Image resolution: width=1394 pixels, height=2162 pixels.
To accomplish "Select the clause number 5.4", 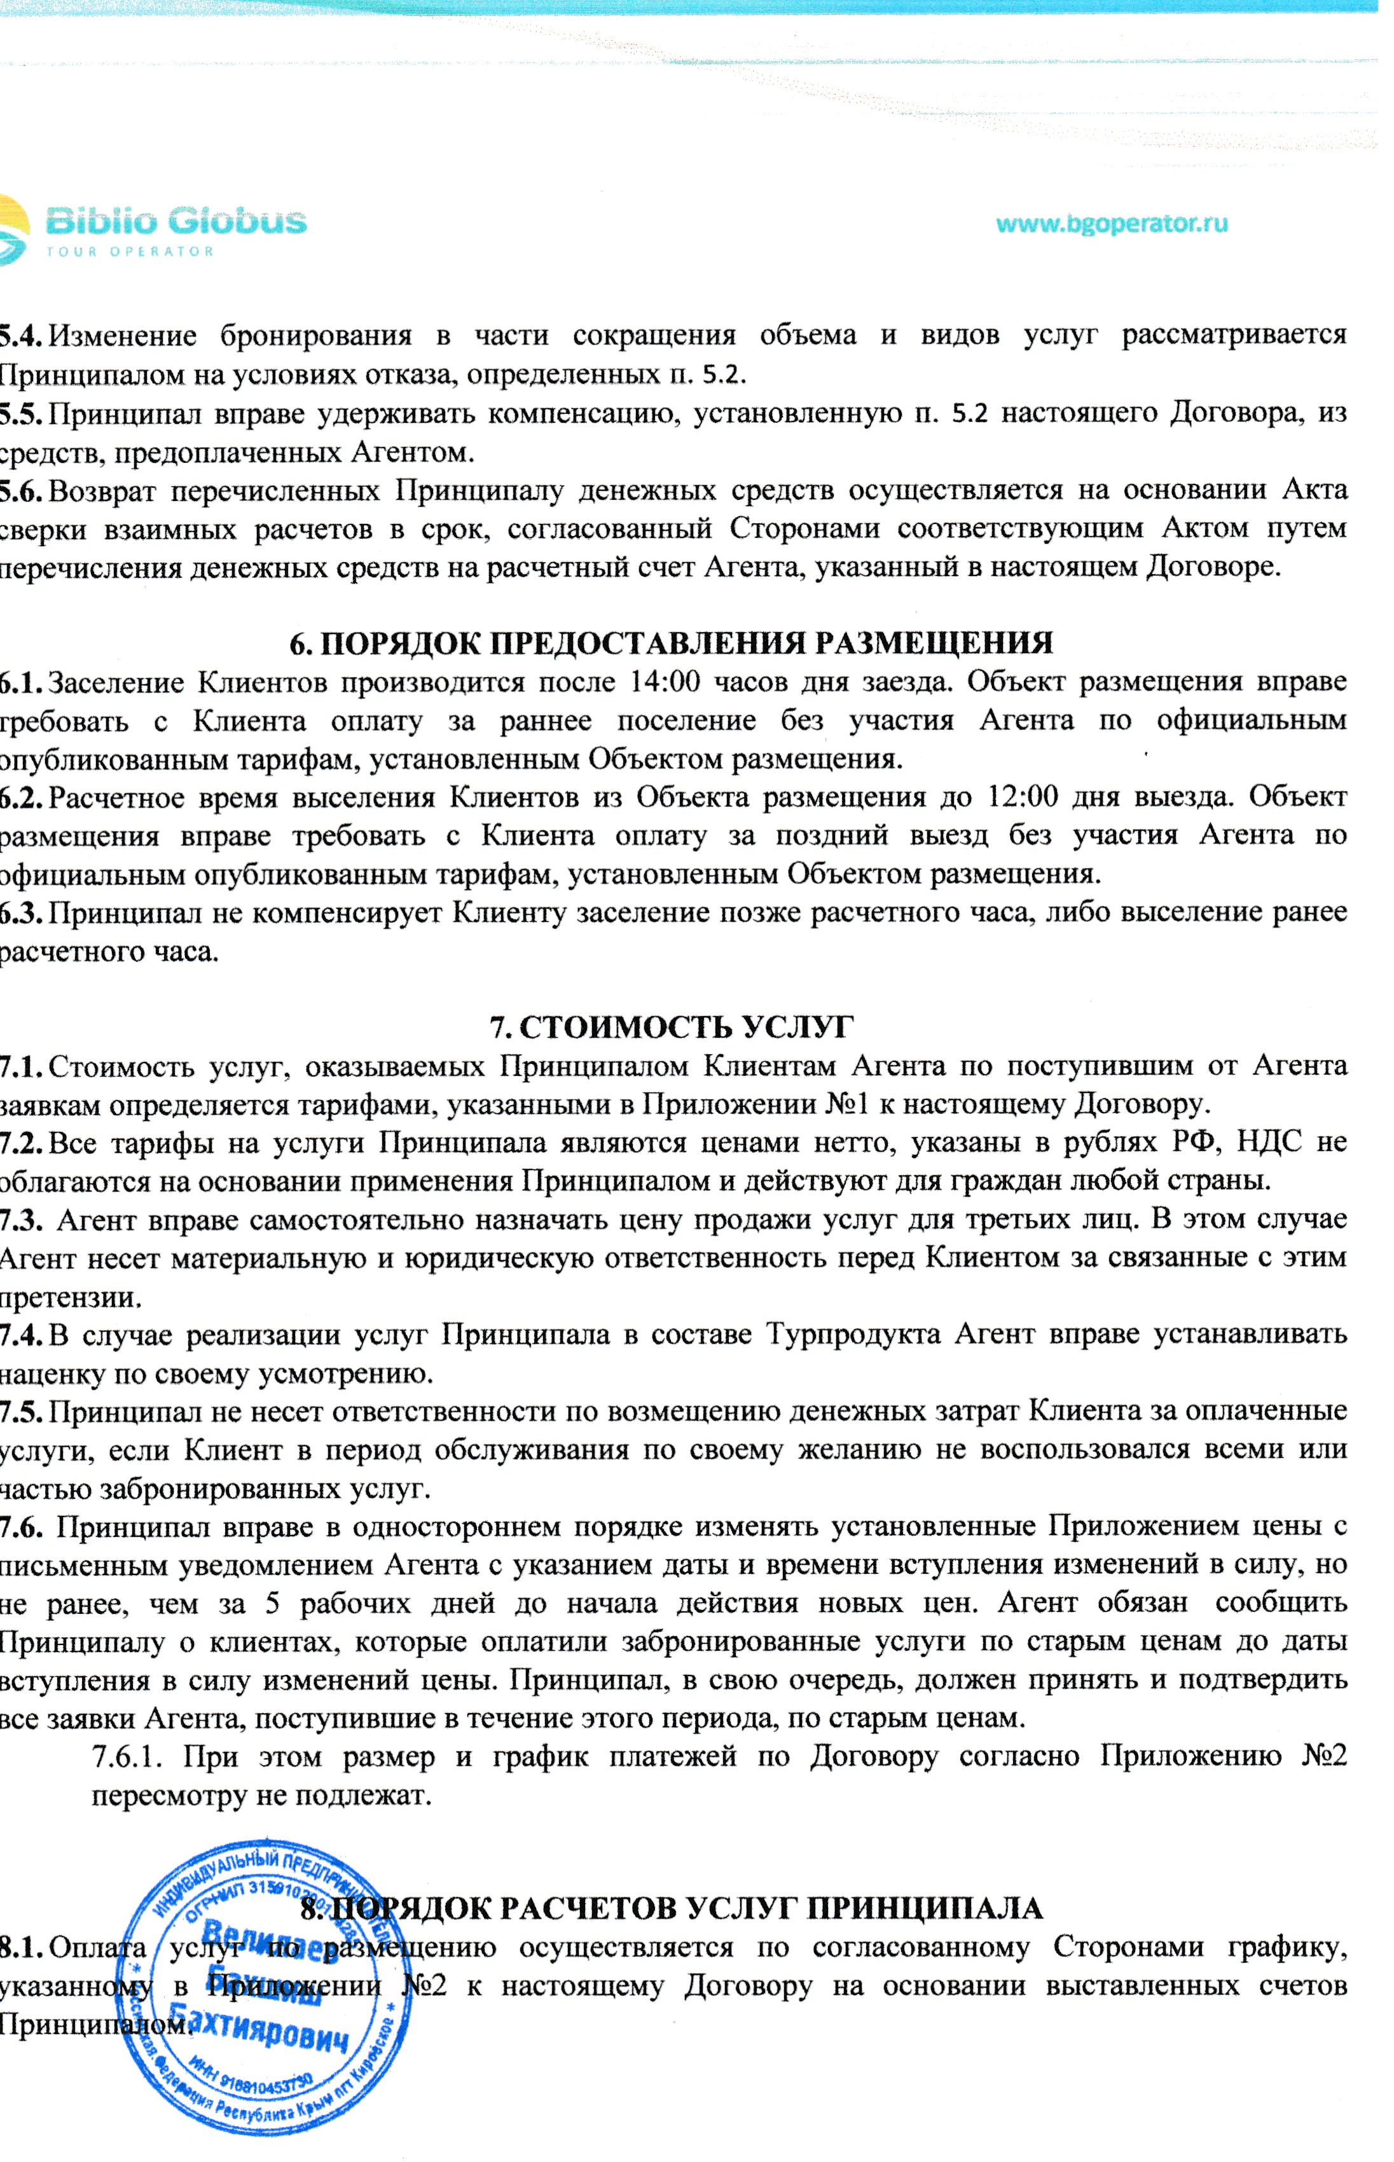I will click(x=20, y=336).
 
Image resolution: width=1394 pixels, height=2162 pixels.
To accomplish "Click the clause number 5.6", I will click(x=20, y=490).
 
